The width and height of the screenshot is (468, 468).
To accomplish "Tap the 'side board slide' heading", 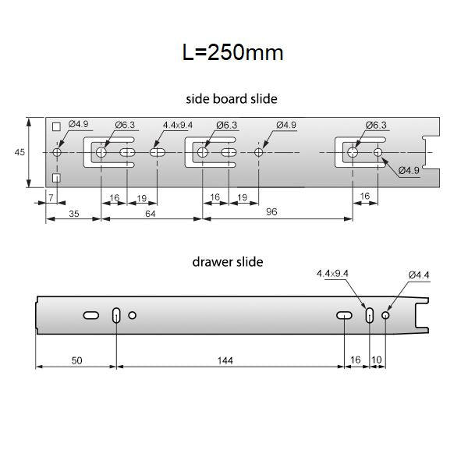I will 232,99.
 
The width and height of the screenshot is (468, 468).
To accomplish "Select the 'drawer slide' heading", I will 227,262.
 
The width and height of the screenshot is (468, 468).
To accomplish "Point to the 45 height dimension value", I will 19,153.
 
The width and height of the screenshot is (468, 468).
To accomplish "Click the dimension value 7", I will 51,199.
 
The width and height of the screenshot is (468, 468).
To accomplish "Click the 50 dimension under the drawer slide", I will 76,360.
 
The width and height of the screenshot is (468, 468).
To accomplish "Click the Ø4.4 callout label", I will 419,275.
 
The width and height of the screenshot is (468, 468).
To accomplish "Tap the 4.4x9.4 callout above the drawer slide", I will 334,275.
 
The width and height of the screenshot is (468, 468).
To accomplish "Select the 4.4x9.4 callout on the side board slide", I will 178,125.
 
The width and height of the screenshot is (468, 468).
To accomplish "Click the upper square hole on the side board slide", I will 56,127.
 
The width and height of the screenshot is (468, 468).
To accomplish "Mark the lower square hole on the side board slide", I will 56,179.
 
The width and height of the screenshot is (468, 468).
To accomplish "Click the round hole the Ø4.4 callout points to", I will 385,315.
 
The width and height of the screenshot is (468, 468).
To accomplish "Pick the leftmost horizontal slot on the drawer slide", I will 90,315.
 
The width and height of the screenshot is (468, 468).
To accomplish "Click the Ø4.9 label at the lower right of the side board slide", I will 409,170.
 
